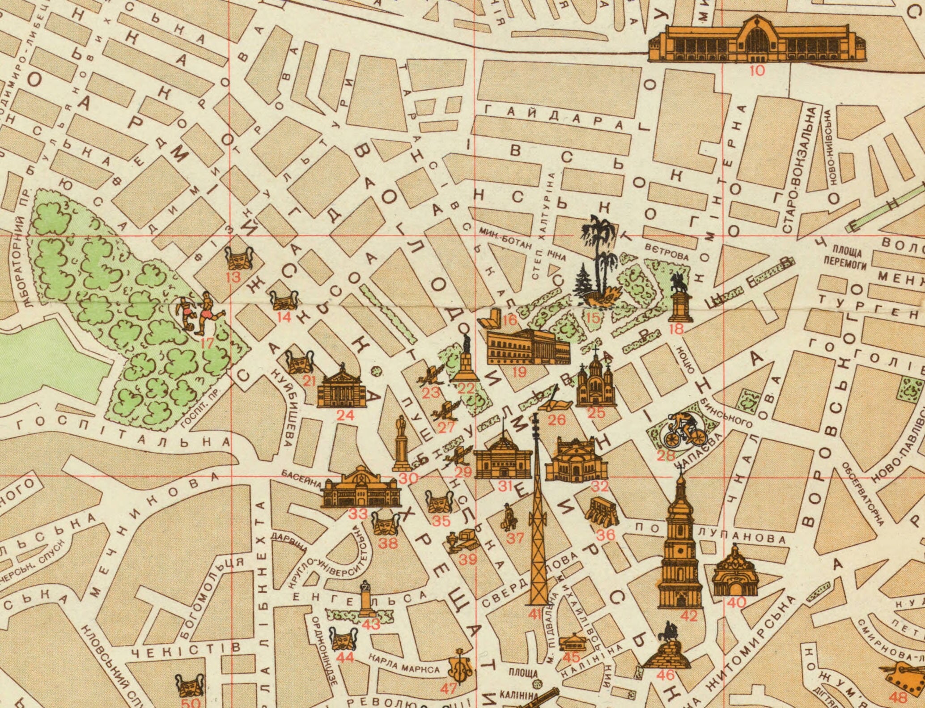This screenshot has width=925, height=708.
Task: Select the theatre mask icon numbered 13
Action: (x=239, y=258)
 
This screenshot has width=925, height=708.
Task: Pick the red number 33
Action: (x=358, y=514)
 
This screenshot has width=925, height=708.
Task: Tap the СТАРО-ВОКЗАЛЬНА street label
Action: (x=799, y=170)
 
